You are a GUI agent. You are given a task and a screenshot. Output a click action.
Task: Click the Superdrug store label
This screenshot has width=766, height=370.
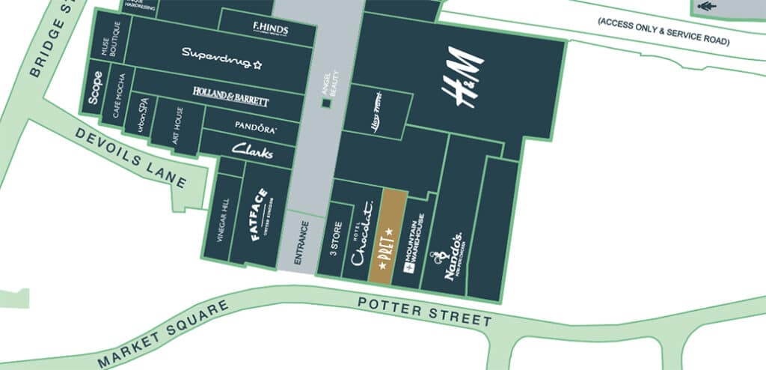[x=222, y=54]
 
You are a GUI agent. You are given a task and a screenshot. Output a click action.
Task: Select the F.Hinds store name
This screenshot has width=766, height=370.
[x=271, y=28]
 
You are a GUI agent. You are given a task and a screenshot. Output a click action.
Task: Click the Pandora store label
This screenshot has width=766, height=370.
[x=256, y=127]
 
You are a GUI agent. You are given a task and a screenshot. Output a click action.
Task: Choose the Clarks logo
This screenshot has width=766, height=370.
[x=252, y=151]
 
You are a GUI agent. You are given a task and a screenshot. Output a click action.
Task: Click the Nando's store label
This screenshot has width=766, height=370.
[x=453, y=255]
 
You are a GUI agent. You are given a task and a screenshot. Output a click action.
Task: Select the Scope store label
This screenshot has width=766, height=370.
[x=95, y=88]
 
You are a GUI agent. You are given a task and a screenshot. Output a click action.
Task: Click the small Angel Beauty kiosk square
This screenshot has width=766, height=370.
[x=325, y=103]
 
